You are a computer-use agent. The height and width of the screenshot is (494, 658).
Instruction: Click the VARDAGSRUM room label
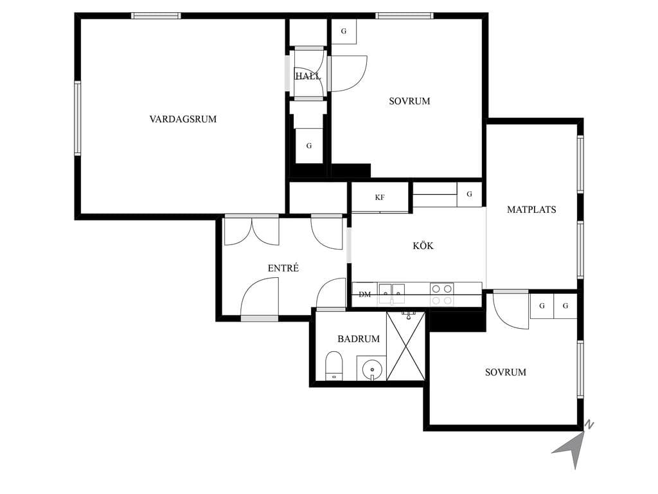183,119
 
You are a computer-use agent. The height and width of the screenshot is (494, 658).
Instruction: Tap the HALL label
308,76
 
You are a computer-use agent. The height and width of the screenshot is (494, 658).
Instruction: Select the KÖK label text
423,246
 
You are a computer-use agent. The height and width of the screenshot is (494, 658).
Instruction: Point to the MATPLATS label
531,210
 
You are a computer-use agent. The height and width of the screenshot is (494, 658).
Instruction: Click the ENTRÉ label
283,268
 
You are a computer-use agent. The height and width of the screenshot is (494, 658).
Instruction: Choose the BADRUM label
359,338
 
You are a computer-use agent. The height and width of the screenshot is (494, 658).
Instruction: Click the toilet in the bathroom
334,365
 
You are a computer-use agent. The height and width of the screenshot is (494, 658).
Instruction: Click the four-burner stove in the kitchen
442,294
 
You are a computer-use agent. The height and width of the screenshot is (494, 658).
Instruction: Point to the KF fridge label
380,197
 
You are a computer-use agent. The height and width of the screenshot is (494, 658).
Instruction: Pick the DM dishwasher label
365,295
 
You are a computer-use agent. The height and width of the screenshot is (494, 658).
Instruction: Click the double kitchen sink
392,293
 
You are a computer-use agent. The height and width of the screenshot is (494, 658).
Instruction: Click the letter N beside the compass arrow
589,425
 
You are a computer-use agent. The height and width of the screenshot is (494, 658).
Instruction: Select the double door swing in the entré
252,231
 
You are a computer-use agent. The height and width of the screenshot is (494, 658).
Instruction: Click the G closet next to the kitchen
469,194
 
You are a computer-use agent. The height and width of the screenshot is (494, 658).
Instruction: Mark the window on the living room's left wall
78,118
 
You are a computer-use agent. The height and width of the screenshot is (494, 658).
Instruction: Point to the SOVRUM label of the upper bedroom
409,101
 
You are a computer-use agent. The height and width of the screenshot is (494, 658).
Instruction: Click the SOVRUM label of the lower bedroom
506,372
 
